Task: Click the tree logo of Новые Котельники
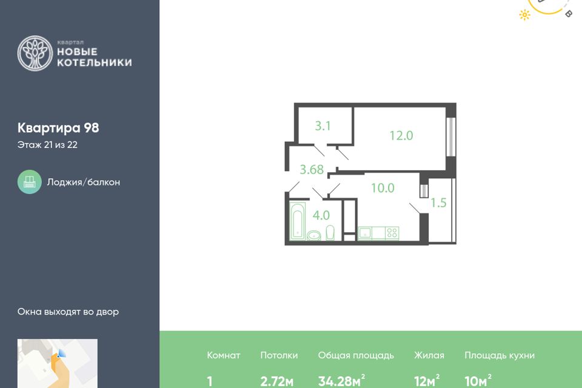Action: [x=35, y=53]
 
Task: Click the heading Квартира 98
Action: [x=58, y=128]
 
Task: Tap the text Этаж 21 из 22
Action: [x=47, y=145]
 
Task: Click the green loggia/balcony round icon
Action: [x=29, y=182]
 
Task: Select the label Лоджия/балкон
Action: [x=84, y=182]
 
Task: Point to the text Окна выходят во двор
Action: [x=68, y=312]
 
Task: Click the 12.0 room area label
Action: [x=401, y=136]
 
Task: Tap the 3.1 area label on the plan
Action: [x=323, y=126]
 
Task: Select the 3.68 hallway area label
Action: [x=312, y=170]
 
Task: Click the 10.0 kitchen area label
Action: [x=383, y=188]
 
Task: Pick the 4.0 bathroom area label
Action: [x=321, y=215]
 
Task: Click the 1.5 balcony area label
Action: [x=438, y=202]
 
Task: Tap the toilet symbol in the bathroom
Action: [x=330, y=233]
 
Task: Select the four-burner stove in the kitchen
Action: [x=392, y=233]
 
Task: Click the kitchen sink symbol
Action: [x=365, y=233]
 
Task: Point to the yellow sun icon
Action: [x=524, y=15]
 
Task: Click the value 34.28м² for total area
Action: [x=341, y=381]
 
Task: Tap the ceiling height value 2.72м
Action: [x=277, y=381]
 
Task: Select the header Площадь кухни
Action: [x=500, y=355]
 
